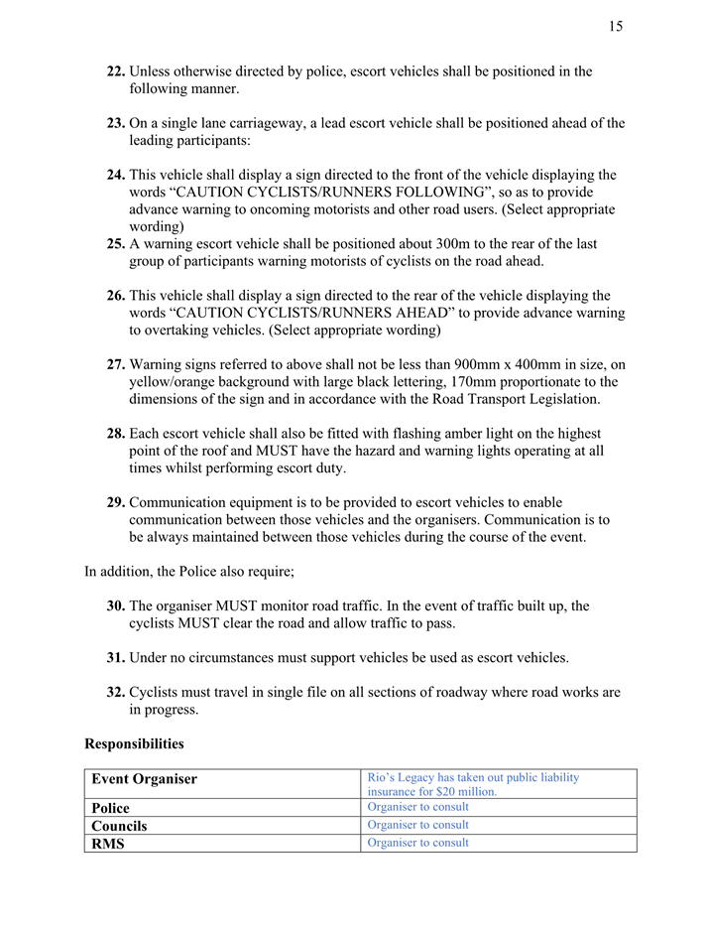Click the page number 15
point(616,27)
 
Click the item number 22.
point(116,71)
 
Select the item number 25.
point(116,244)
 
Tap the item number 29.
point(116,502)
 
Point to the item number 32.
point(116,693)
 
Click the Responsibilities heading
point(134,743)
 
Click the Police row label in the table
point(110,808)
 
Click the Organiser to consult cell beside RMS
point(417,844)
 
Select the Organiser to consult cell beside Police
point(417,807)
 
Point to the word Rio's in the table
point(383,777)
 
